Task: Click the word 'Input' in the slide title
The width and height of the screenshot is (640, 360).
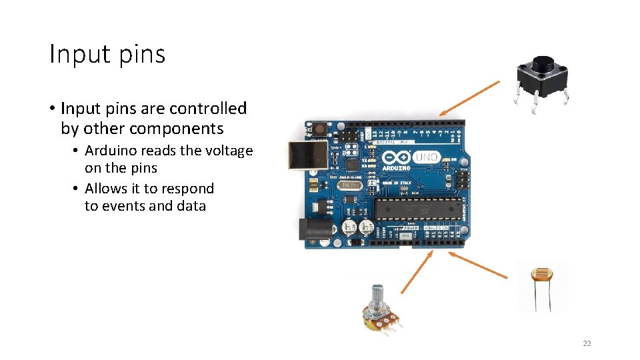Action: click(73, 54)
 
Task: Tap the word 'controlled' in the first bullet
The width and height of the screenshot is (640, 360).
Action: click(207, 108)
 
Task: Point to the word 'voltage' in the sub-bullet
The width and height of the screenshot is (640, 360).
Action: click(229, 151)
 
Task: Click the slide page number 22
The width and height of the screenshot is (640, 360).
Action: click(587, 343)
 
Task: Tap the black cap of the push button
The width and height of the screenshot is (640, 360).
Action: click(543, 64)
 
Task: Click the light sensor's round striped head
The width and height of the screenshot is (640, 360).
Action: click(541, 274)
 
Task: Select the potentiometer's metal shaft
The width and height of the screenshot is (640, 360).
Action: click(376, 294)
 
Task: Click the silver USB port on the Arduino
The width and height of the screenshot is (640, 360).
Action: click(307, 155)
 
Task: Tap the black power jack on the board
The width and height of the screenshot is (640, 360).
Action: click(313, 230)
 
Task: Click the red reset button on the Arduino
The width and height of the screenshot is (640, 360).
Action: click(319, 127)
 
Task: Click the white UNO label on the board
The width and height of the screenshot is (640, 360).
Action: click(427, 158)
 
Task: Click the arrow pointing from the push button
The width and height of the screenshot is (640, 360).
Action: click(469, 98)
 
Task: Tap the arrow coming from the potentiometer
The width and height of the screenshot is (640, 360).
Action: click(417, 272)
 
